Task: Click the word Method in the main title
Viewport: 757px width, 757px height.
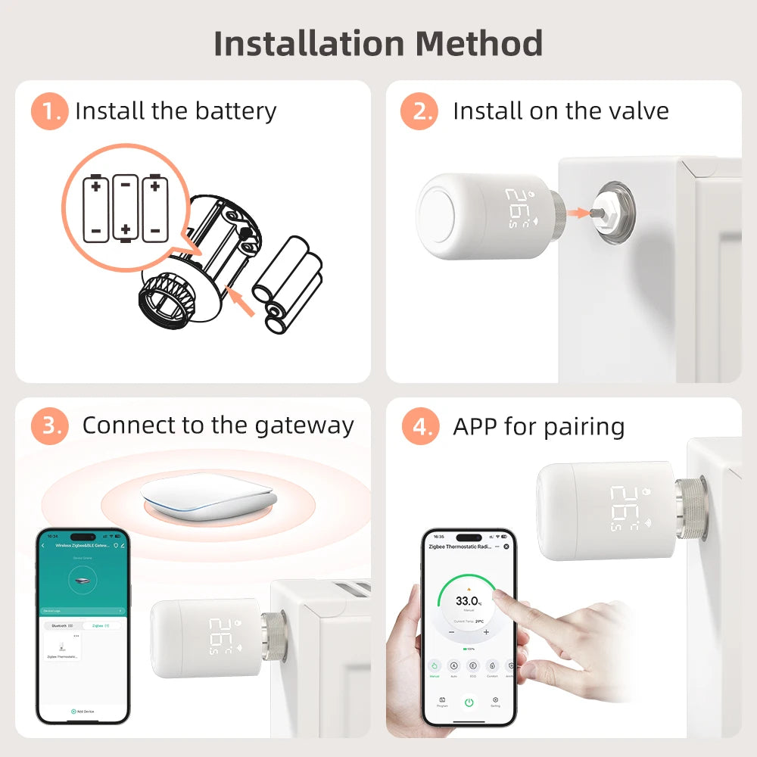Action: (478, 43)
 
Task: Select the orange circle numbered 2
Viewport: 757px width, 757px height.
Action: (419, 111)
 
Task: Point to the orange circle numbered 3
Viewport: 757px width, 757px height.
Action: (49, 425)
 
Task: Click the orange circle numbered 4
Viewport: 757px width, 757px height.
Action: (419, 427)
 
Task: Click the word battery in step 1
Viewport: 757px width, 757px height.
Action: (235, 111)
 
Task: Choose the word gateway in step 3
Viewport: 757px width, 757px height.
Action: (304, 425)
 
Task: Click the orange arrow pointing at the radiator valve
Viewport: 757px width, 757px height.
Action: (578, 213)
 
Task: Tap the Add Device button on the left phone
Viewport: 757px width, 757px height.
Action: (83, 712)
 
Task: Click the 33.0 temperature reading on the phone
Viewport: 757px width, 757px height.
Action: (466, 601)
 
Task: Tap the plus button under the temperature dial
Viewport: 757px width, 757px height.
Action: (486, 631)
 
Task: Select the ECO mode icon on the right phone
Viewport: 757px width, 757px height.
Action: (473, 665)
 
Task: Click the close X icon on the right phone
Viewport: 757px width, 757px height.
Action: (506, 546)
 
